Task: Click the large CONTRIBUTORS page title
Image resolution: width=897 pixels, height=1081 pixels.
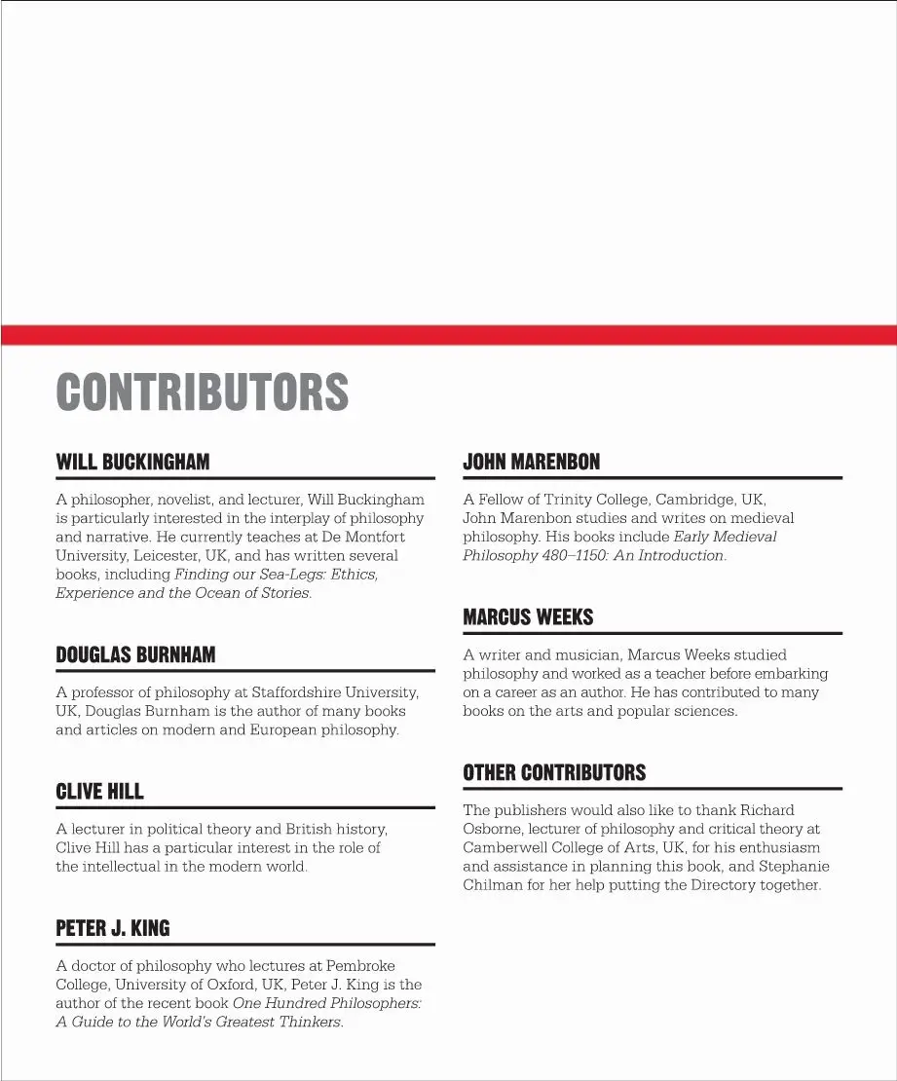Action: click(x=202, y=391)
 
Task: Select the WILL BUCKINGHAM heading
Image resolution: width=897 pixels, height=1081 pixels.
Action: click(x=132, y=462)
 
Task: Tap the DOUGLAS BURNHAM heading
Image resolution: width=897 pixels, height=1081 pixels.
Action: click(x=135, y=655)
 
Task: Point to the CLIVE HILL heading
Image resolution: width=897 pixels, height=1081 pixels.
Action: click(x=99, y=792)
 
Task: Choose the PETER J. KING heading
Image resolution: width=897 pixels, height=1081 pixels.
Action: click(x=113, y=929)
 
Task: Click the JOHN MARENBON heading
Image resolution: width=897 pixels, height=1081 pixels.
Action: click(x=531, y=462)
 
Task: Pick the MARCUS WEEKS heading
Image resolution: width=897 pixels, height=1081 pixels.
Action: click(x=528, y=617)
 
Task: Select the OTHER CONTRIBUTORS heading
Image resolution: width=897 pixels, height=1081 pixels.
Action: click(x=554, y=773)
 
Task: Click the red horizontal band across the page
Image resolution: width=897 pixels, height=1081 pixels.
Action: click(x=448, y=335)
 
